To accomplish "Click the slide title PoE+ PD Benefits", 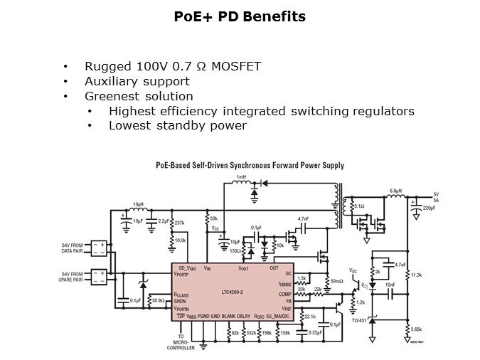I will pyautogui.click(x=240, y=16).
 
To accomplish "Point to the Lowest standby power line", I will pyautogui.click(x=177, y=125).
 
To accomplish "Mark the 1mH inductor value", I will pyautogui.click(x=240, y=176).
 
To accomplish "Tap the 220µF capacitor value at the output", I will pyautogui.click(x=430, y=208).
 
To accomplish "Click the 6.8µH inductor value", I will pyautogui.click(x=397, y=191).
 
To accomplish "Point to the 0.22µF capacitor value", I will pyautogui.click(x=315, y=332).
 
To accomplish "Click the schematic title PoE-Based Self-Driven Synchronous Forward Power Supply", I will pyautogui.click(x=250, y=165).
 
